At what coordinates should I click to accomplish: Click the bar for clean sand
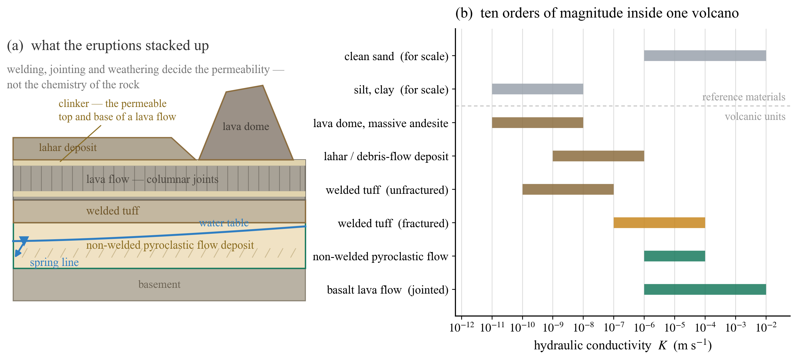[x=705, y=56]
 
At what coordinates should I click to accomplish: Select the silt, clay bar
[x=537, y=89]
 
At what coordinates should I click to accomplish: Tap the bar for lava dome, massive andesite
[x=537, y=122]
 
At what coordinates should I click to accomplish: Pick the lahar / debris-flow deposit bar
[x=598, y=156]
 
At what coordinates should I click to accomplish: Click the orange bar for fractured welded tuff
[x=659, y=223]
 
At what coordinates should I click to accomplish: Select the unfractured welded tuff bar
[x=568, y=189]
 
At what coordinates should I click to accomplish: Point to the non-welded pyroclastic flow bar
[x=675, y=256]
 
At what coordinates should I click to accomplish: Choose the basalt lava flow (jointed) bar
[x=705, y=290]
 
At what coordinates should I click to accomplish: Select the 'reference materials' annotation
[x=744, y=97]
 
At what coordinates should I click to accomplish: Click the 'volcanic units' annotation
[x=755, y=116]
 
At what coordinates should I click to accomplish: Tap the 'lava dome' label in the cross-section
[x=246, y=126]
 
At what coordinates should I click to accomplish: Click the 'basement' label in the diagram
[x=159, y=284]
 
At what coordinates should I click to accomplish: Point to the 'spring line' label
[x=54, y=263]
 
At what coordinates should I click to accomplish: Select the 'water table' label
[x=224, y=223]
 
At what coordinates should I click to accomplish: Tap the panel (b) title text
[x=597, y=13]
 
